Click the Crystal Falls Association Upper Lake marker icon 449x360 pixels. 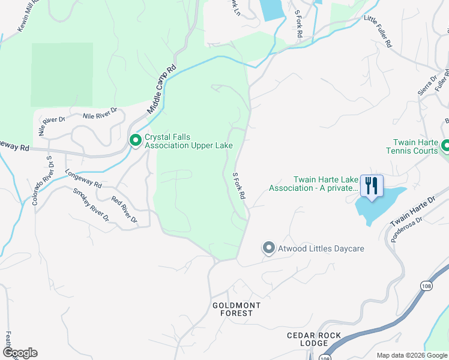click(136, 140)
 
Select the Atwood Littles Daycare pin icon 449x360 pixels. click(269, 248)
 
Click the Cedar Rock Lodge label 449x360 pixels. click(314, 339)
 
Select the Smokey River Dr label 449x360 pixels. click(91, 206)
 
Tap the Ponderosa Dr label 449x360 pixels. click(408, 227)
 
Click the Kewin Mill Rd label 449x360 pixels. click(28, 14)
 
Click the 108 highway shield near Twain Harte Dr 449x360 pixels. click(424, 285)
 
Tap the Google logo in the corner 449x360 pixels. click(19, 353)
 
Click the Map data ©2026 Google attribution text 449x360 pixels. click(411, 355)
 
